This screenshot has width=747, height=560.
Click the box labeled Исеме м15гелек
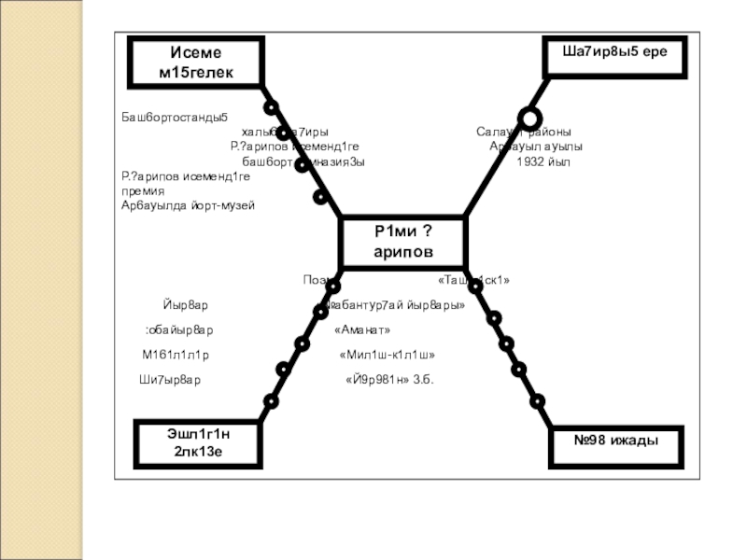click(197, 63)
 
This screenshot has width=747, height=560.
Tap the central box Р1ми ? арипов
click(403, 243)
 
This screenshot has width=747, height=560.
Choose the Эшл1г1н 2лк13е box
click(197, 443)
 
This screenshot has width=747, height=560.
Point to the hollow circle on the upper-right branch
click(529, 119)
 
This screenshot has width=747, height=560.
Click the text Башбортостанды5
click(175, 118)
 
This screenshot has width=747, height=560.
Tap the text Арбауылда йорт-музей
click(188, 204)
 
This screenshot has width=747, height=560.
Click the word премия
click(143, 190)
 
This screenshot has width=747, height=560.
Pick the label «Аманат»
click(361, 330)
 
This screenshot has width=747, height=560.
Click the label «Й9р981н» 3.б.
click(389, 381)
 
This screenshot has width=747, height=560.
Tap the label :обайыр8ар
click(179, 330)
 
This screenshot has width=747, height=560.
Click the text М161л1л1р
click(176, 356)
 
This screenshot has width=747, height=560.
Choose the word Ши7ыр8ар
click(170, 381)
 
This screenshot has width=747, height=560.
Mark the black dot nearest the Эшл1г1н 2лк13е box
click(271, 401)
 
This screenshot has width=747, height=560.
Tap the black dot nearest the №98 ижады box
click(537, 401)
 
